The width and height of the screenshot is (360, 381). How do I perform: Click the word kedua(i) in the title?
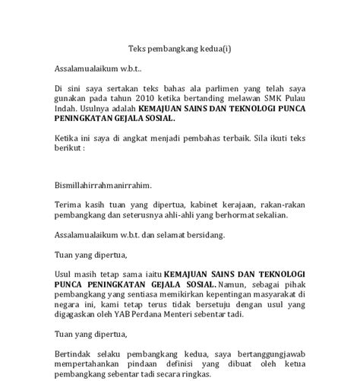click(216, 49)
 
